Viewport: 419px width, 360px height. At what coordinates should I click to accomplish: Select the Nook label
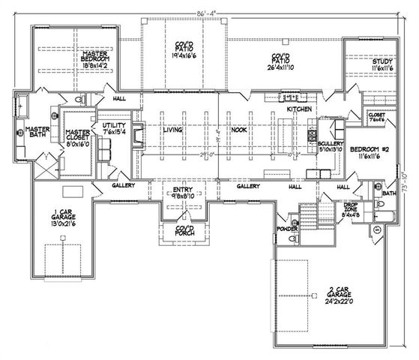coord(239,130)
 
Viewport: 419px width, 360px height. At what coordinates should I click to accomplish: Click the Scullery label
coord(330,145)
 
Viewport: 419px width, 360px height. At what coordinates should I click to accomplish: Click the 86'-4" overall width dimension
coord(204,10)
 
